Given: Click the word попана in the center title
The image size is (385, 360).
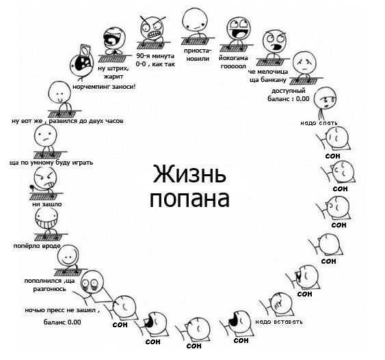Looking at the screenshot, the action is tap(189, 199).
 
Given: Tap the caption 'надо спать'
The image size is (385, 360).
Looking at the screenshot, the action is tap(319, 123).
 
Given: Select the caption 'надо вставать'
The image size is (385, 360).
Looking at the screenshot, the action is tap(279, 322).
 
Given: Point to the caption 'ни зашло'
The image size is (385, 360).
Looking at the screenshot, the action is tap(47, 204).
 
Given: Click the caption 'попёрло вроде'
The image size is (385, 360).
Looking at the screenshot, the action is tap(37, 246).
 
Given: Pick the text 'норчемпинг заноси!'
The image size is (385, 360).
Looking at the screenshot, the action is tap(104, 87).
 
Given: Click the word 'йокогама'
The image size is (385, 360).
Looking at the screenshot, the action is tap(233, 58).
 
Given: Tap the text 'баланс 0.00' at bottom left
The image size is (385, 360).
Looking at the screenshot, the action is tap(62, 322).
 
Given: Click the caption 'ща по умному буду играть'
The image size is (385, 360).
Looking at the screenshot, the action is tap(51, 163).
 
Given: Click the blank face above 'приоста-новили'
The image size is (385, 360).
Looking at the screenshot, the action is tap(195, 19).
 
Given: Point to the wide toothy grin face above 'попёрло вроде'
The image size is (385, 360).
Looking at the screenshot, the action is tap(47, 219).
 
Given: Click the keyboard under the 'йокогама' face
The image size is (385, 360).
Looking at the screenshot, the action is tap(233, 49).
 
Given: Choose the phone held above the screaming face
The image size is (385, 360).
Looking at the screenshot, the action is tap(85, 50).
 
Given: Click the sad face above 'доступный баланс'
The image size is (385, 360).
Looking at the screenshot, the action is tap(305, 63).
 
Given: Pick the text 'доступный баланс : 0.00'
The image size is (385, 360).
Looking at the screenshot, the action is tap(289, 95).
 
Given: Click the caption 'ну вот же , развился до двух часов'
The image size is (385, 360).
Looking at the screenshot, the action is tap(68, 121).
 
